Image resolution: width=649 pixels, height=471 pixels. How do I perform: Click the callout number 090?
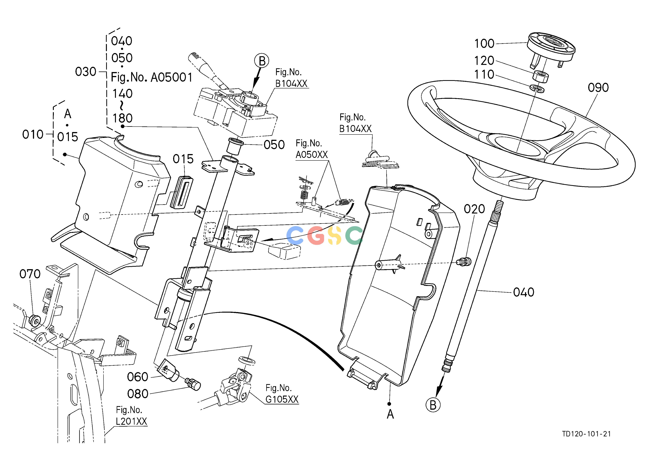(x=598, y=87)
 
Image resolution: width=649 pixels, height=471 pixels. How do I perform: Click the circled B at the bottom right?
(x=433, y=405)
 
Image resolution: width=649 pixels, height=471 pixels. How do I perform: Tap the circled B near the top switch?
(x=262, y=61)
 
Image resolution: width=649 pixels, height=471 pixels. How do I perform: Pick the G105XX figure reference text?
(x=282, y=399)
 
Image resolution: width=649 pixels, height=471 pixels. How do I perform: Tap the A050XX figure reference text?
(x=312, y=155)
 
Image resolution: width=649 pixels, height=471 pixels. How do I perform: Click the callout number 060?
(x=137, y=377)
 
